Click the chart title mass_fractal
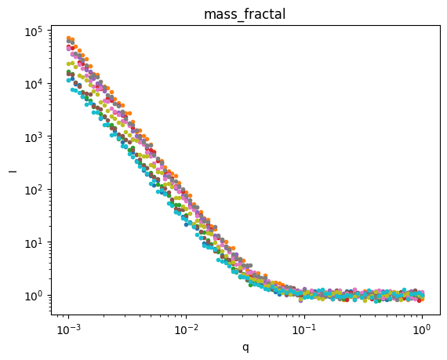[245, 14]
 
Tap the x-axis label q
[245, 346]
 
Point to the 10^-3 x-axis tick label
[69, 328]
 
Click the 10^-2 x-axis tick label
[187, 328]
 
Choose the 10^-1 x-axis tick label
[304, 328]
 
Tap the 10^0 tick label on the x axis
[422, 328]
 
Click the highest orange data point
[70, 38]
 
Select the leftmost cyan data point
[69, 79]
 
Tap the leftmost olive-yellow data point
[69, 64]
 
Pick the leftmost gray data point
[69, 40]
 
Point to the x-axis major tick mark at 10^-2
[187, 315]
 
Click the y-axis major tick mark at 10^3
[52, 136]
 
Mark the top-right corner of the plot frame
[439, 25]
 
